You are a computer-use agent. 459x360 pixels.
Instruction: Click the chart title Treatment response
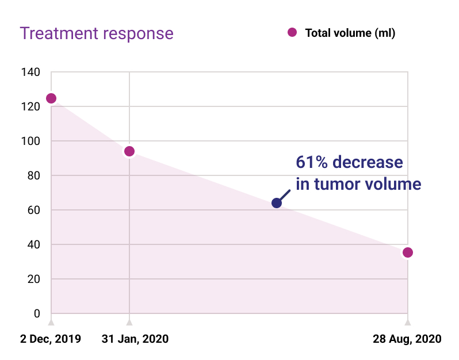click(97, 33)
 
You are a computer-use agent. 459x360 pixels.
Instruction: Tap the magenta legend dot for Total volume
click(292, 33)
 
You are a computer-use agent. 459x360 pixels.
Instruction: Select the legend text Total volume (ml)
click(350, 33)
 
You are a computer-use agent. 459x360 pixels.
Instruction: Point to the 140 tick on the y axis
click(32, 72)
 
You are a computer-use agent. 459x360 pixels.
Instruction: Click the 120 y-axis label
click(32, 107)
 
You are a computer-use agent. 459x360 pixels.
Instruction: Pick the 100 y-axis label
click(32, 141)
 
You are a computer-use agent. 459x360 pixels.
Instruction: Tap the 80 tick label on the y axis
click(34, 176)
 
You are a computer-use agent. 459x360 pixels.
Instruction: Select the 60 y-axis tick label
click(34, 210)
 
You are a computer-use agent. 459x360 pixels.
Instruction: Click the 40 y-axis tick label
click(34, 245)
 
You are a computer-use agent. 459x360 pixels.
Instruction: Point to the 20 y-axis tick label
click(34, 279)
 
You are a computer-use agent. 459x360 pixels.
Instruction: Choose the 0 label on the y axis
click(37, 314)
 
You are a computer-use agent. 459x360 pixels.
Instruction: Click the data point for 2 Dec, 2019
click(51, 98)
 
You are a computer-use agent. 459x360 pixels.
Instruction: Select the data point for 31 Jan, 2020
click(129, 151)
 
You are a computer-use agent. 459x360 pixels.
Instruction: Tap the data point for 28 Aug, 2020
click(408, 252)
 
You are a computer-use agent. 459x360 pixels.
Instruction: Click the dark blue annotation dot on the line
click(277, 203)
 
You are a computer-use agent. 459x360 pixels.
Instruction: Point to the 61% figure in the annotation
click(312, 163)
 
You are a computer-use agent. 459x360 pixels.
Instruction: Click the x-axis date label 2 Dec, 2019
click(51, 339)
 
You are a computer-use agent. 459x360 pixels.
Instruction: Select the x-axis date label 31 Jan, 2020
click(135, 339)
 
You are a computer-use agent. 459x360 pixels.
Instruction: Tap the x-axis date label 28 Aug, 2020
click(406, 339)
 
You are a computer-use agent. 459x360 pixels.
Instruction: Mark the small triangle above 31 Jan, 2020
click(129, 322)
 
